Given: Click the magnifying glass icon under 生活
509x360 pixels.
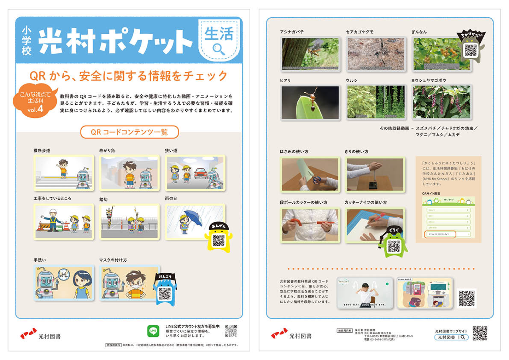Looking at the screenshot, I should (x=218, y=49).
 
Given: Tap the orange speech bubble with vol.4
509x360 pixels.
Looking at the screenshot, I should (x=35, y=101).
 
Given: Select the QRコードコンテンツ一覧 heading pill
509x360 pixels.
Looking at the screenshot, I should (x=129, y=132).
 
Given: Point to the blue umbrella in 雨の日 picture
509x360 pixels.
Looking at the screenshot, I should (x=194, y=217).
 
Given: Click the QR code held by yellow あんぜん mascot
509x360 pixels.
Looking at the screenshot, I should (x=218, y=240).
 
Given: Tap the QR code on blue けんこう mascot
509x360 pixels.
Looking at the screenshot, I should (x=165, y=293).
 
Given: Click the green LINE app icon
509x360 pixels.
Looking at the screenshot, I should (x=153, y=331).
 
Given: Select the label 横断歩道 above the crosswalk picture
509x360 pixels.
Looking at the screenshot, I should (x=42, y=151).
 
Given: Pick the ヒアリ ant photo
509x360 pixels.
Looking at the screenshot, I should (x=310, y=102).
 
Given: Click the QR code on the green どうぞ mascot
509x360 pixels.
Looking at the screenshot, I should (x=394, y=245).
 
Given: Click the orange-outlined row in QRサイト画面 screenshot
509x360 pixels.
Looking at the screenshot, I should (x=440, y=234).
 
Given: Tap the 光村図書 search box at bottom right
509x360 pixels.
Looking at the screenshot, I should (x=451, y=337).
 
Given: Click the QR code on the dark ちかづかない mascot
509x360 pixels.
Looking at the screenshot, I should (x=470, y=51).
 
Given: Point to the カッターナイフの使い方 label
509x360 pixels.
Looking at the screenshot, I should (x=365, y=203).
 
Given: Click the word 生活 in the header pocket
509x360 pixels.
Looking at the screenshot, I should (x=219, y=34).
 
